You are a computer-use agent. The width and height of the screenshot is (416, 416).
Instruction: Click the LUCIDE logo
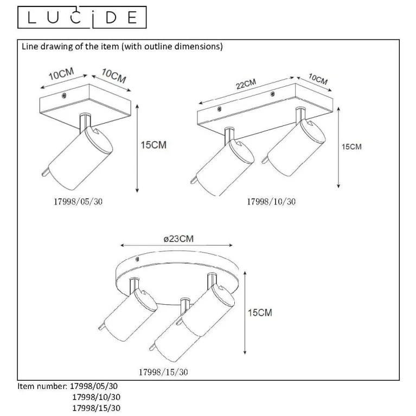click(x=82, y=17)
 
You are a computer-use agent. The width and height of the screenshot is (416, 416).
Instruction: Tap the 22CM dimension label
click(x=246, y=84)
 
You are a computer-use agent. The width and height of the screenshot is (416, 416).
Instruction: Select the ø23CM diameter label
click(x=178, y=239)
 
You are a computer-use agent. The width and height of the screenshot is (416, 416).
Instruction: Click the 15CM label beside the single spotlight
click(x=153, y=145)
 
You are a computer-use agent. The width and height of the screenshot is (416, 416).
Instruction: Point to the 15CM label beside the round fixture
click(x=260, y=312)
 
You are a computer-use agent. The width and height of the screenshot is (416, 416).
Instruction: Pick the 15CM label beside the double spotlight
click(x=351, y=147)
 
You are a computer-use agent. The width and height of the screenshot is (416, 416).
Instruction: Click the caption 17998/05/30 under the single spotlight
click(x=78, y=202)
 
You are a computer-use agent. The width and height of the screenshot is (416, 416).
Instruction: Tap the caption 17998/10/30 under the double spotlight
click(x=271, y=202)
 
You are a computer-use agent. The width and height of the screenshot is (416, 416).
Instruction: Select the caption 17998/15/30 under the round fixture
click(x=163, y=372)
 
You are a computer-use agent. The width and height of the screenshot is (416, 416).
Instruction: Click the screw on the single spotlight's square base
click(x=64, y=95)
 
